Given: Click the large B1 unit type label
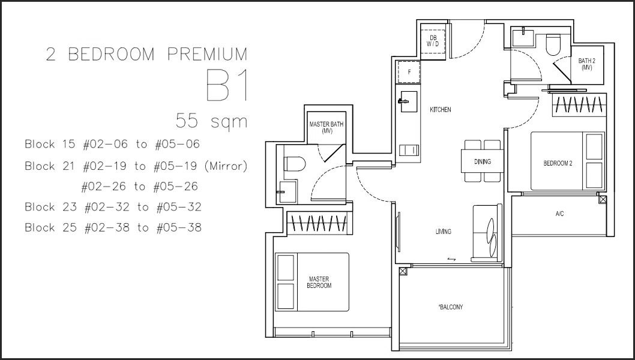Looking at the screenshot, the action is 227,85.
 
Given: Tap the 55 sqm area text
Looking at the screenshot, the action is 211,121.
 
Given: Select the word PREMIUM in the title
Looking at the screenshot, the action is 207,54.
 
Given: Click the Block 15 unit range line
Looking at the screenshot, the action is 112,144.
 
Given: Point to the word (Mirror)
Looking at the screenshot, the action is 226,166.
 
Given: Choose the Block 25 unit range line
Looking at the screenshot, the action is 113,227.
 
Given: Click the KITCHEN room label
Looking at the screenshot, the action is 440,110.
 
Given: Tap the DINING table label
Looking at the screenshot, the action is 483,161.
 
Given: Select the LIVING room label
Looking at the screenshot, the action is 444,232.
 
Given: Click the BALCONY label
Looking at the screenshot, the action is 450,307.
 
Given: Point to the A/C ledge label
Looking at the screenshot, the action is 559,214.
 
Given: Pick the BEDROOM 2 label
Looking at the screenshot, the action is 558,164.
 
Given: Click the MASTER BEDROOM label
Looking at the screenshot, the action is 319,282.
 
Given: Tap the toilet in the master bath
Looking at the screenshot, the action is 295,164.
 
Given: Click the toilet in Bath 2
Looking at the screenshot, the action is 553,44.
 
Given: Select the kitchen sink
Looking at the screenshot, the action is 408,101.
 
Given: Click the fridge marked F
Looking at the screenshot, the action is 409,72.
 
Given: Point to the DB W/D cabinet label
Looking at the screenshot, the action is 433,41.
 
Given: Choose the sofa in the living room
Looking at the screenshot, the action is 487,233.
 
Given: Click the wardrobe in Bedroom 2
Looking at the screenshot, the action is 579,105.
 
